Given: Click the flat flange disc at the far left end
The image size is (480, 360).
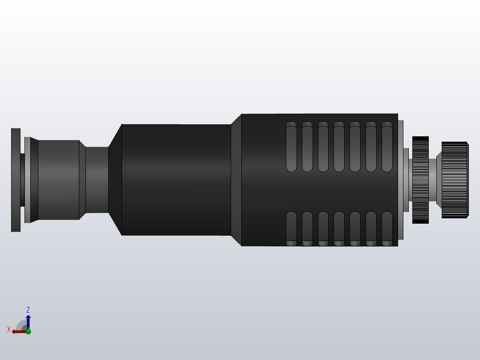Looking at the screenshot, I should pos(16,180).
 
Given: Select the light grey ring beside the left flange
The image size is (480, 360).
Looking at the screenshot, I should pos(28,180).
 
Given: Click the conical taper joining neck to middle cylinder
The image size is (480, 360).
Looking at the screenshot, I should pos(115,180).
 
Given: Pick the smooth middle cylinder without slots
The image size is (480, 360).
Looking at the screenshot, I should pos(176,180).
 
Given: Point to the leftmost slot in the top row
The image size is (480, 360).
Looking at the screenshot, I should pos(291,147).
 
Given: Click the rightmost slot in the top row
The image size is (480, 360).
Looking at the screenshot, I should pos(387,147).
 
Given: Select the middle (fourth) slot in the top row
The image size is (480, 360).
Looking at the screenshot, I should pos(339,147).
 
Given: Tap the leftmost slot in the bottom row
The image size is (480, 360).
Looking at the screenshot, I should pos(291,227).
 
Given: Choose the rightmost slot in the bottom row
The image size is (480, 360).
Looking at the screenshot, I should pos(387,227).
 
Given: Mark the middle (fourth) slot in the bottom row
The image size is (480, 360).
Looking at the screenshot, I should pos(339,227).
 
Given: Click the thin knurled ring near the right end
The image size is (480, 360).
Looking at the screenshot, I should pos(420,180).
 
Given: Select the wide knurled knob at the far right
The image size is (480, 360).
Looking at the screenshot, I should pos(454,180).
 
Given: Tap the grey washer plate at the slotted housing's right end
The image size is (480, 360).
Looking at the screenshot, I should pos(401,180).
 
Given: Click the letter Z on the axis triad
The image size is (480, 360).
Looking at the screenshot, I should pos(28,310).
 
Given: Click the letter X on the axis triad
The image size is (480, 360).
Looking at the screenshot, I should pos(9,329).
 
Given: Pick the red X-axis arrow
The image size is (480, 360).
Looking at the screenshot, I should pos(18,331).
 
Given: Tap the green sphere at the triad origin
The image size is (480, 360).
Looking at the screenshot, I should pos(28,331).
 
